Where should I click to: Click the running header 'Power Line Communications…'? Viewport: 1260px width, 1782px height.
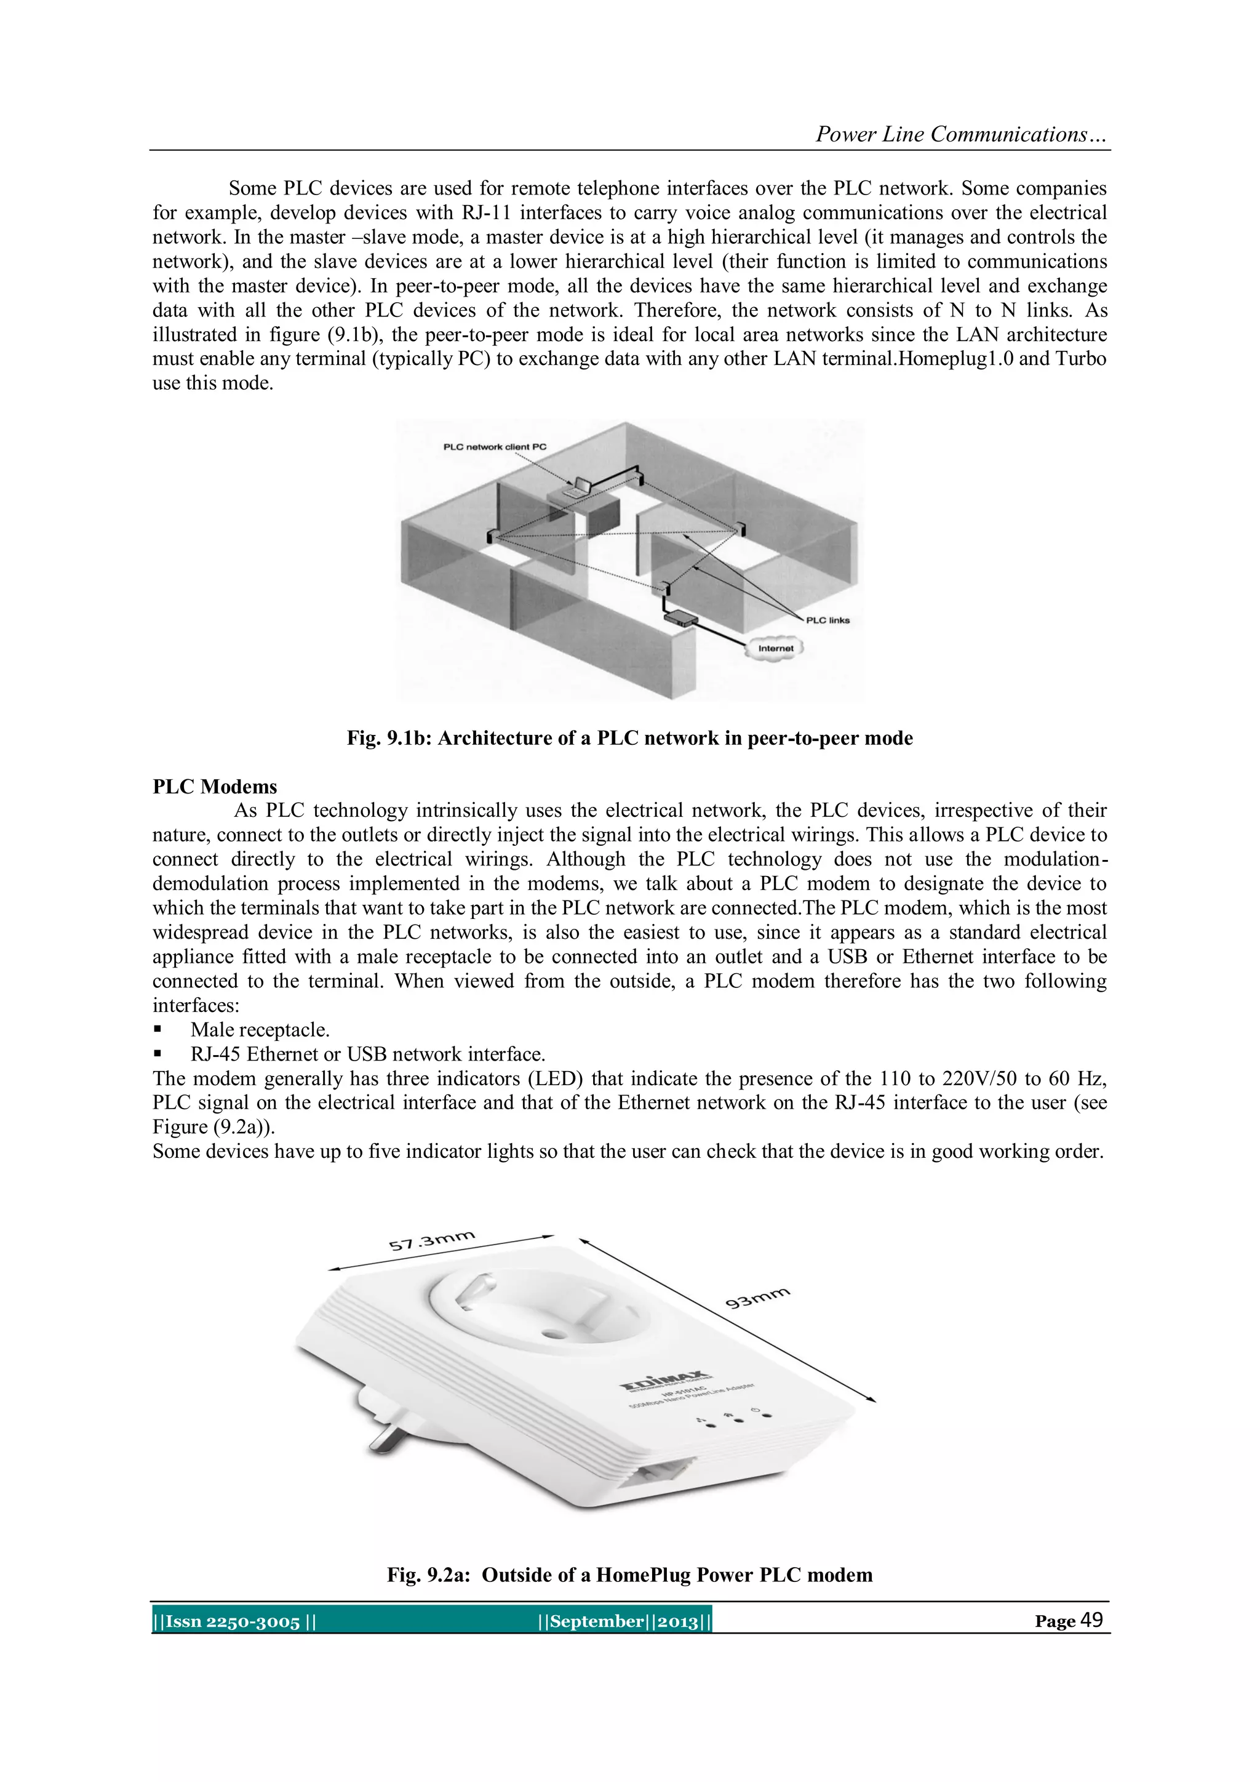(x=960, y=134)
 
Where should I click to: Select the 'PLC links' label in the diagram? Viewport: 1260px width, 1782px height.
(x=828, y=620)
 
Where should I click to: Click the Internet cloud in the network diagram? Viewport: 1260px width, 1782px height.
(x=775, y=648)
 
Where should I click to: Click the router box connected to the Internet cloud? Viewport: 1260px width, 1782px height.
(x=680, y=619)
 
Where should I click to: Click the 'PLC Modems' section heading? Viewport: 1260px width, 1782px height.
(x=215, y=786)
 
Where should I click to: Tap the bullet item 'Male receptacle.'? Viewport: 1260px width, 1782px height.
(x=260, y=1030)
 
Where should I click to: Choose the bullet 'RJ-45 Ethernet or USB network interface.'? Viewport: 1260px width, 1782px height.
(x=368, y=1054)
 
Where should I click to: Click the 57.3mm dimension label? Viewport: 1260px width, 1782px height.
(x=431, y=1240)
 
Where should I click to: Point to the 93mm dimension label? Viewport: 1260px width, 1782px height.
(x=757, y=1297)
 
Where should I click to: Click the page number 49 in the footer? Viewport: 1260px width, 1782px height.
(x=1091, y=1619)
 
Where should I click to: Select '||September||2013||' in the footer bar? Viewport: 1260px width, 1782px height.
(x=624, y=1621)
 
